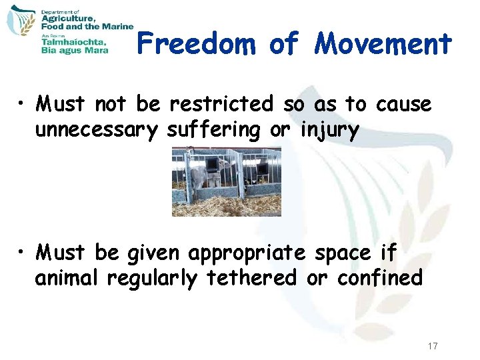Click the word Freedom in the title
(197, 44)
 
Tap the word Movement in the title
(384, 44)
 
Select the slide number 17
(432, 346)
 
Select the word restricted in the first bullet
(221, 104)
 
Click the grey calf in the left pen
(201, 177)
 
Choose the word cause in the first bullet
(403, 104)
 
